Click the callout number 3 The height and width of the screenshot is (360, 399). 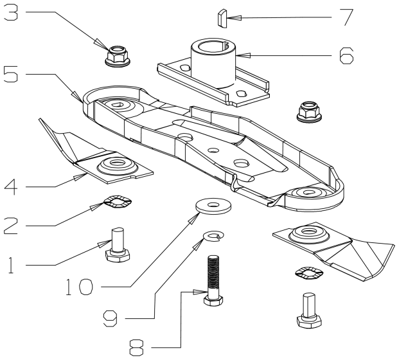[11, 13]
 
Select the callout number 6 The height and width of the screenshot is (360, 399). [346, 56]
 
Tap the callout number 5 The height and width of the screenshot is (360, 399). [11, 75]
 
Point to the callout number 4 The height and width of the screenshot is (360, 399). [11, 187]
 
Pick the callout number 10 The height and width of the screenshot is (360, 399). [79, 287]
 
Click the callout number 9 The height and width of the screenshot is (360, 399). [110, 319]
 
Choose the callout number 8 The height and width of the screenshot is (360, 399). [136, 348]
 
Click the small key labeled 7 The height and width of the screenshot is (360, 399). [222, 18]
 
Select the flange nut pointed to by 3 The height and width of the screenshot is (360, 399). [117, 56]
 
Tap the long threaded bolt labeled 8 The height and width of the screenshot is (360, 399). [214, 280]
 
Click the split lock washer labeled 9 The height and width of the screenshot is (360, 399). [214, 237]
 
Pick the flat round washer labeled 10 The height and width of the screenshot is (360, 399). [213, 206]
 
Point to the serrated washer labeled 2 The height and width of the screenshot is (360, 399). [118, 201]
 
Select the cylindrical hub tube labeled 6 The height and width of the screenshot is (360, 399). [213, 63]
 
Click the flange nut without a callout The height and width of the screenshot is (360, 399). [309, 112]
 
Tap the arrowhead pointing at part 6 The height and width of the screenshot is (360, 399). [244, 55]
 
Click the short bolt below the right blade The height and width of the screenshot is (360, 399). [309, 310]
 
